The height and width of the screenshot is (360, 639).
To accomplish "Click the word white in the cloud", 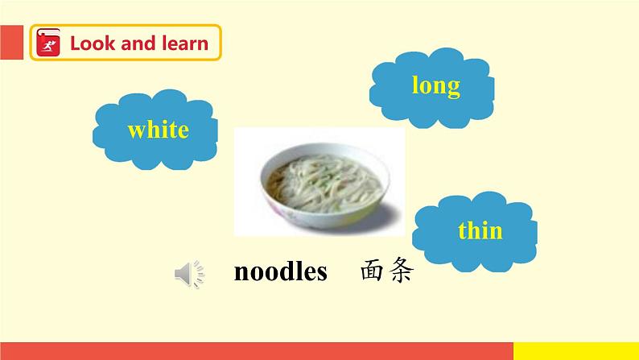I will [x=158, y=129].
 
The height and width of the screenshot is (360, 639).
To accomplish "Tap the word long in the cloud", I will [x=435, y=85].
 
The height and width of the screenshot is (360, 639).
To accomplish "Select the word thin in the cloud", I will [x=480, y=231].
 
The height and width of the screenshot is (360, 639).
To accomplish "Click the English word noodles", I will [x=280, y=272].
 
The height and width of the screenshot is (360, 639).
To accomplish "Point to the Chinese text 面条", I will [x=386, y=272].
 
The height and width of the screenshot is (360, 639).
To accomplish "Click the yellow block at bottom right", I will [x=575, y=350].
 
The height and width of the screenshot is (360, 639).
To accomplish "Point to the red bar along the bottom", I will [x=258, y=350].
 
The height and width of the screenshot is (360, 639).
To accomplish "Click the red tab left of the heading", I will [x=11, y=43].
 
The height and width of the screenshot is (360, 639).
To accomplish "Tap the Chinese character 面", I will [x=373, y=272].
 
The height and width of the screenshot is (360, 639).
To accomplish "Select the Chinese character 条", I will [x=400, y=272].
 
